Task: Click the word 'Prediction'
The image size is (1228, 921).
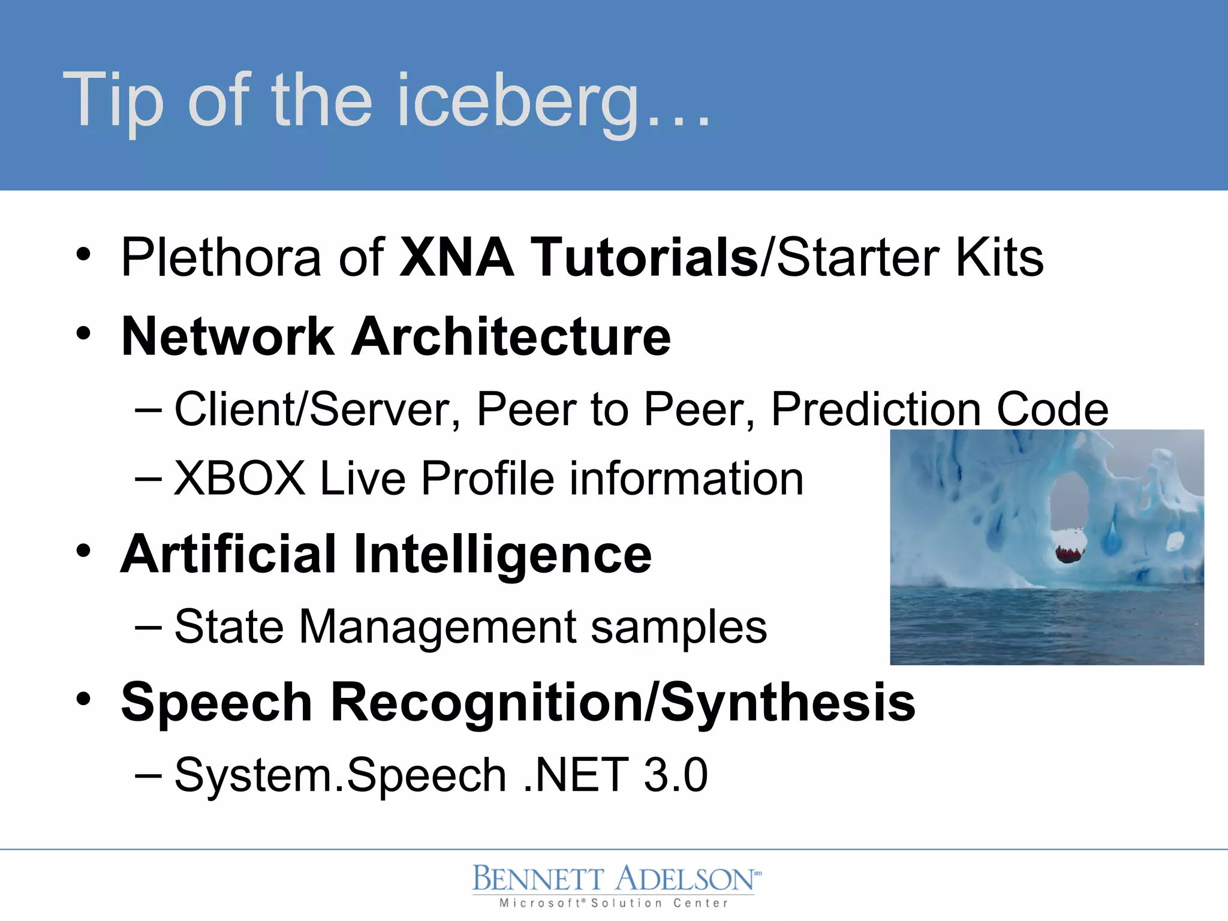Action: [x=876, y=410]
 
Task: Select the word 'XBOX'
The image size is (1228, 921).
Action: [x=240, y=478]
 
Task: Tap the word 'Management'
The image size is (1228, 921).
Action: [x=437, y=627]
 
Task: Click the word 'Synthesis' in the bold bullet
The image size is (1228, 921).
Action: [x=788, y=702]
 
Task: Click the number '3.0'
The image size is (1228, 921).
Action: [x=675, y=775]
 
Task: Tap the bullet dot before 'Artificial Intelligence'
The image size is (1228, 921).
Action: [x=83, y=550]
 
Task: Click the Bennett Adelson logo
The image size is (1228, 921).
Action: [x=614, y=878]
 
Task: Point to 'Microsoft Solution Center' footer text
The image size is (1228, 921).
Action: [x=614, y=903]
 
